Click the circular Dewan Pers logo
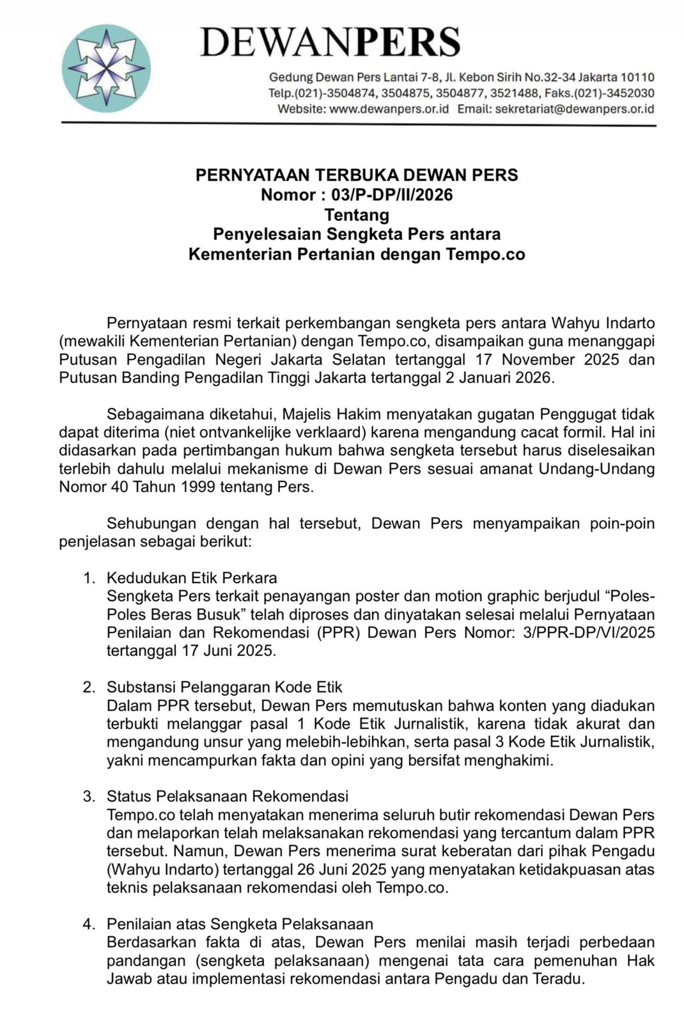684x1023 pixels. (x=106, y=69)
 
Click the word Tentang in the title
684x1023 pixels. (x=357, y=215)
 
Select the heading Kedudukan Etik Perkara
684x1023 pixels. (x=192, y=578)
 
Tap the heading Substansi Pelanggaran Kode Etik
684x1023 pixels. (x=224, y=687)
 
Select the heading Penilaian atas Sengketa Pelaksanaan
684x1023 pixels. (x=240, y=924)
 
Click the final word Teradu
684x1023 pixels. (x=557, y=979)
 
